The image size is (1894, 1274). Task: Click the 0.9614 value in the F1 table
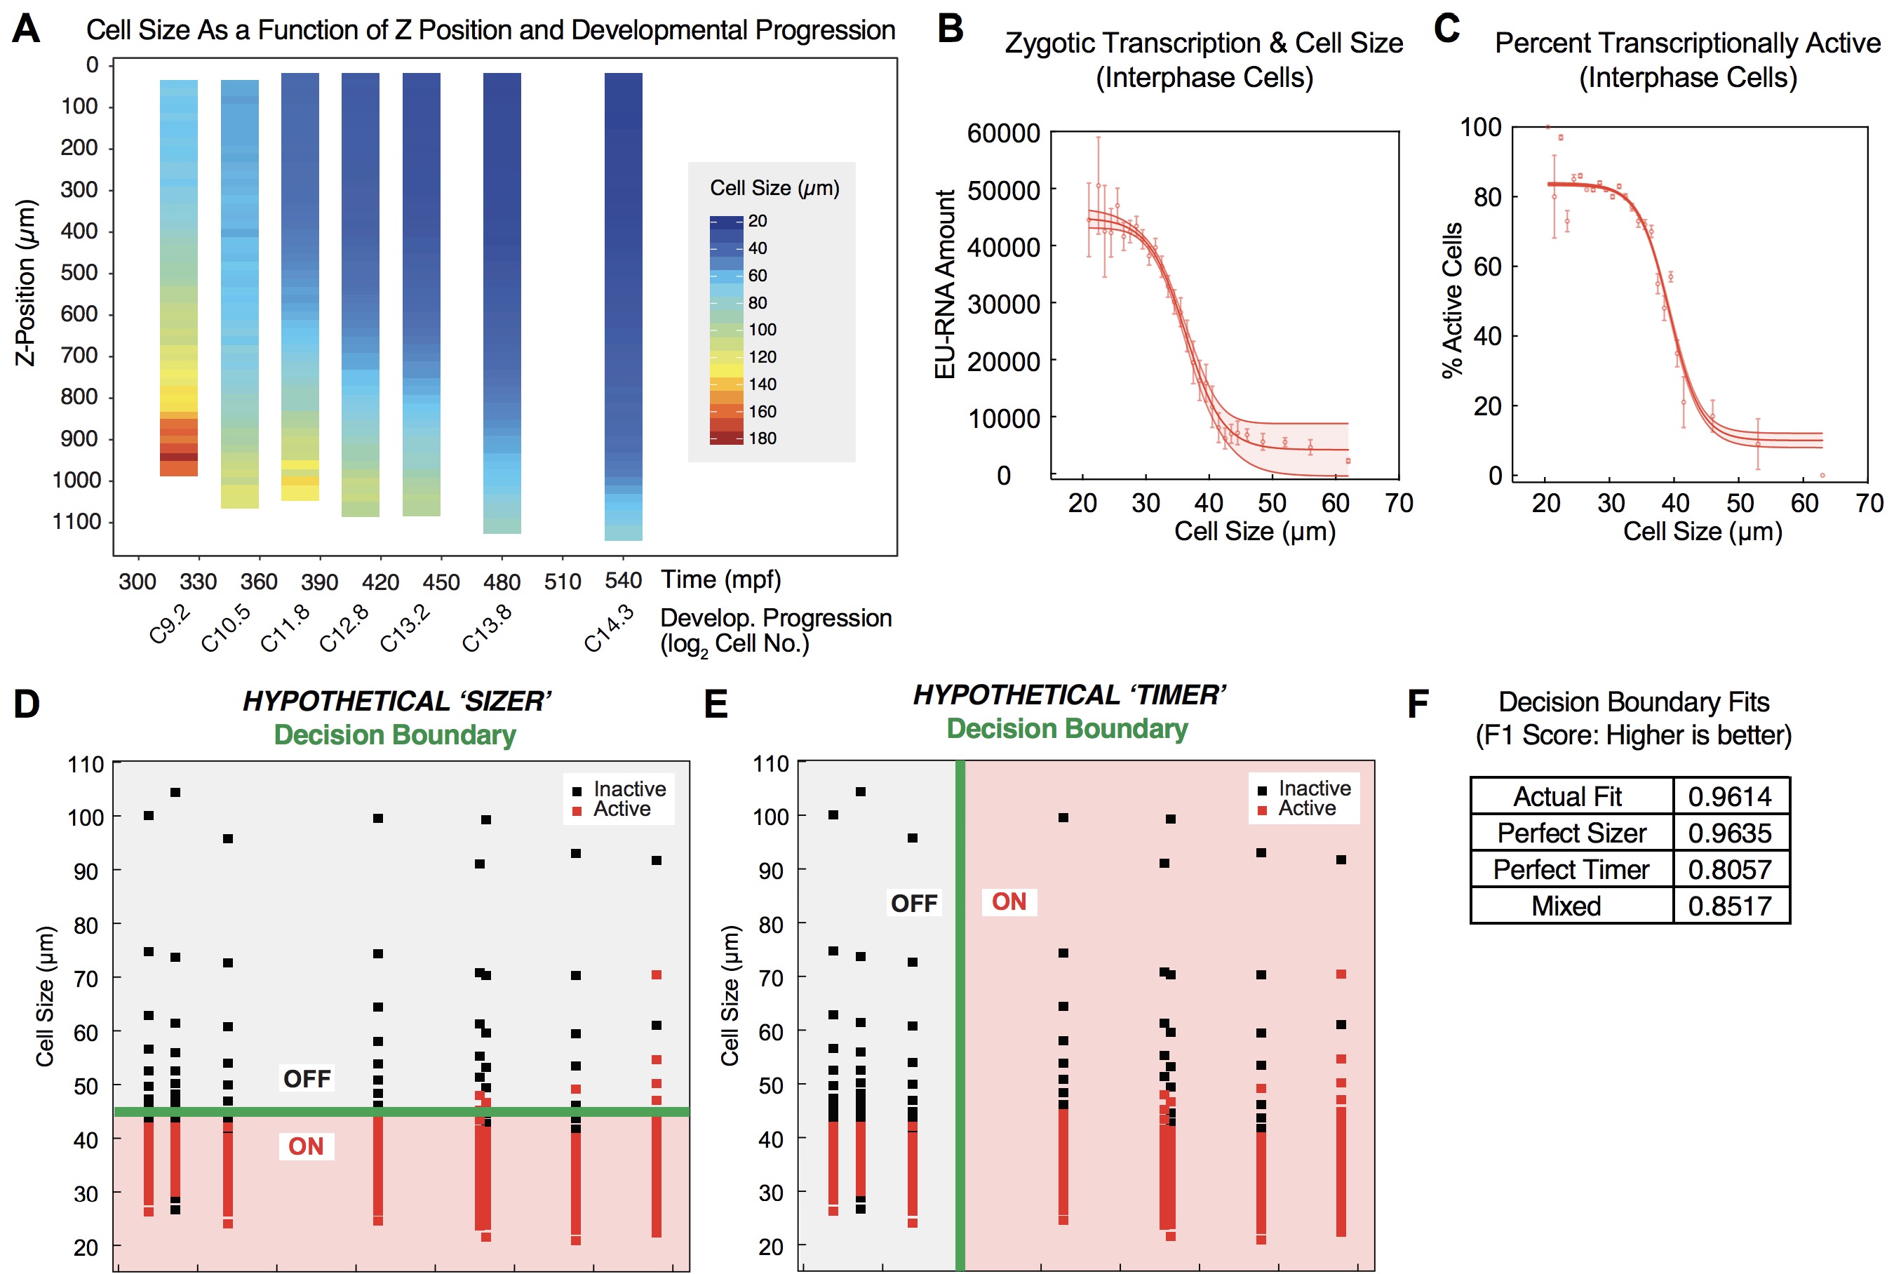(x=1729, y=796)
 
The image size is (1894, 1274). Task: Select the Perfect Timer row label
(x=1571, y=869)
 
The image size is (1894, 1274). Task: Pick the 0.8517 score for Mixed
(x=1729, y=906)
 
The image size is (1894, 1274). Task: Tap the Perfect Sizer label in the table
(x=1571, y=833)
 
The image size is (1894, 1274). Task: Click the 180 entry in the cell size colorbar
(x=762, y=438)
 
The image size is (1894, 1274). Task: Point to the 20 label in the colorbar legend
(x=757, y=221)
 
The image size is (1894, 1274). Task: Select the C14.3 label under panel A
(x=608, y=628)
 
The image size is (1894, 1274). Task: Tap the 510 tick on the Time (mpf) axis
(x=562, y=582)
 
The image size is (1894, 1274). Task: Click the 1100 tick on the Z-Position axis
(x=78, y=522)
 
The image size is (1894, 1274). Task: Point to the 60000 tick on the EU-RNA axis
(x=1003, y=133)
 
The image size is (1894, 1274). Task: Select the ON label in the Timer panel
(x=1009, y=902)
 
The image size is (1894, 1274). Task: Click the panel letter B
(x=951, y=29)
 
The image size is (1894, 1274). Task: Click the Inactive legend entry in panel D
(x=629, y=789)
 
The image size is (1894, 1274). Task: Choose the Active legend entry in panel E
(x=1306, y=808)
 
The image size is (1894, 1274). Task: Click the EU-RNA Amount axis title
(x=945, y=284)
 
